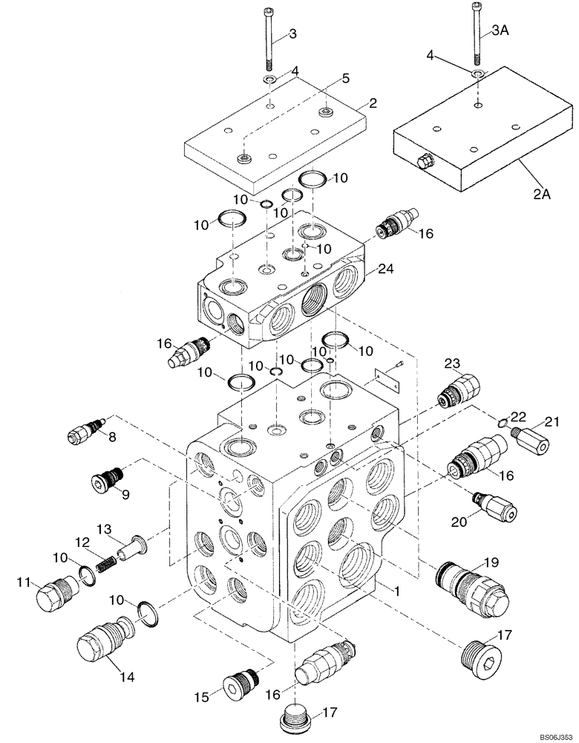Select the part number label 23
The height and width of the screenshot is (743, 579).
pos(453,363)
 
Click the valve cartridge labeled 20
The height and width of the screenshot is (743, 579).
pos(493,506)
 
